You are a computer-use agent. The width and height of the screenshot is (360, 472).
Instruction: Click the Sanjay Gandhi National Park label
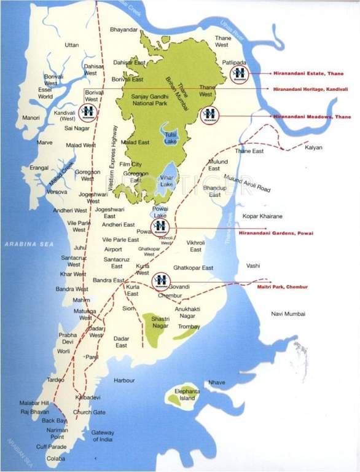154,100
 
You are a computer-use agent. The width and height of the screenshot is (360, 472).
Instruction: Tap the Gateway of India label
103,436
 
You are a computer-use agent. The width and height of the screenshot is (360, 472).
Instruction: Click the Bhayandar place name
123,29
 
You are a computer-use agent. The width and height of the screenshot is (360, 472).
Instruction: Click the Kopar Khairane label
262,217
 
